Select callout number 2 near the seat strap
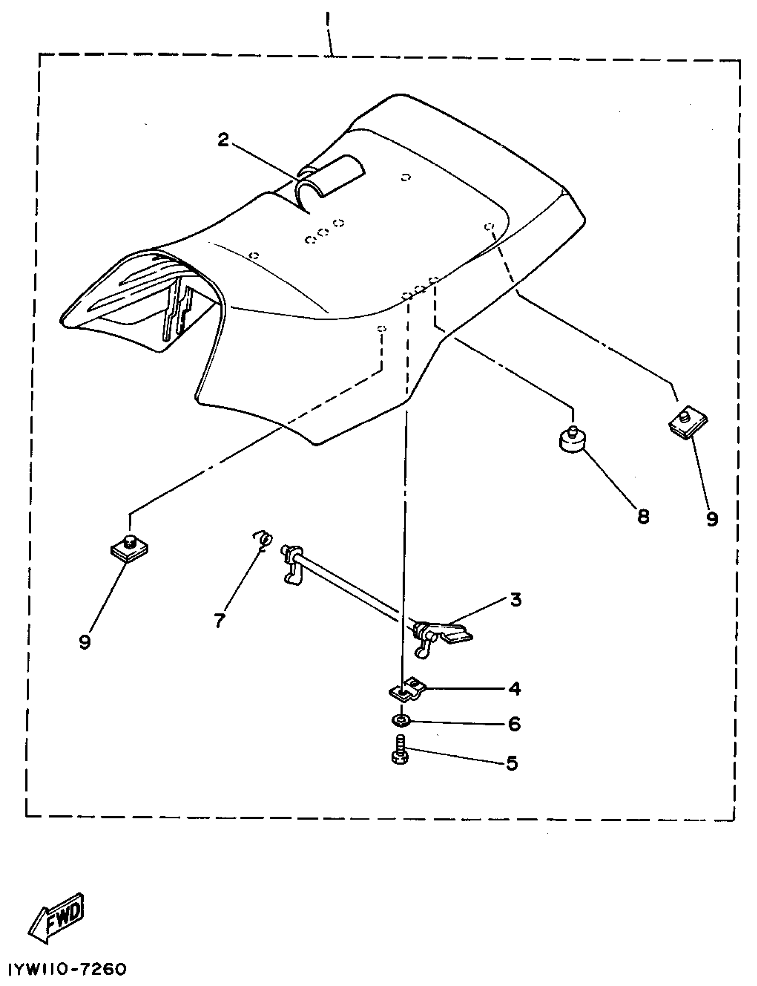click(223, 140)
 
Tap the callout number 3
click(516, 600)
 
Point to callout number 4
click(514, 688)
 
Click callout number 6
click(514, 724)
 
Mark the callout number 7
click(220, 621)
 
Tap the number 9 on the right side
click(712, 520)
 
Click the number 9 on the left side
click(85, 642)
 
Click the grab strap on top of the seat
click(331, 178)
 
